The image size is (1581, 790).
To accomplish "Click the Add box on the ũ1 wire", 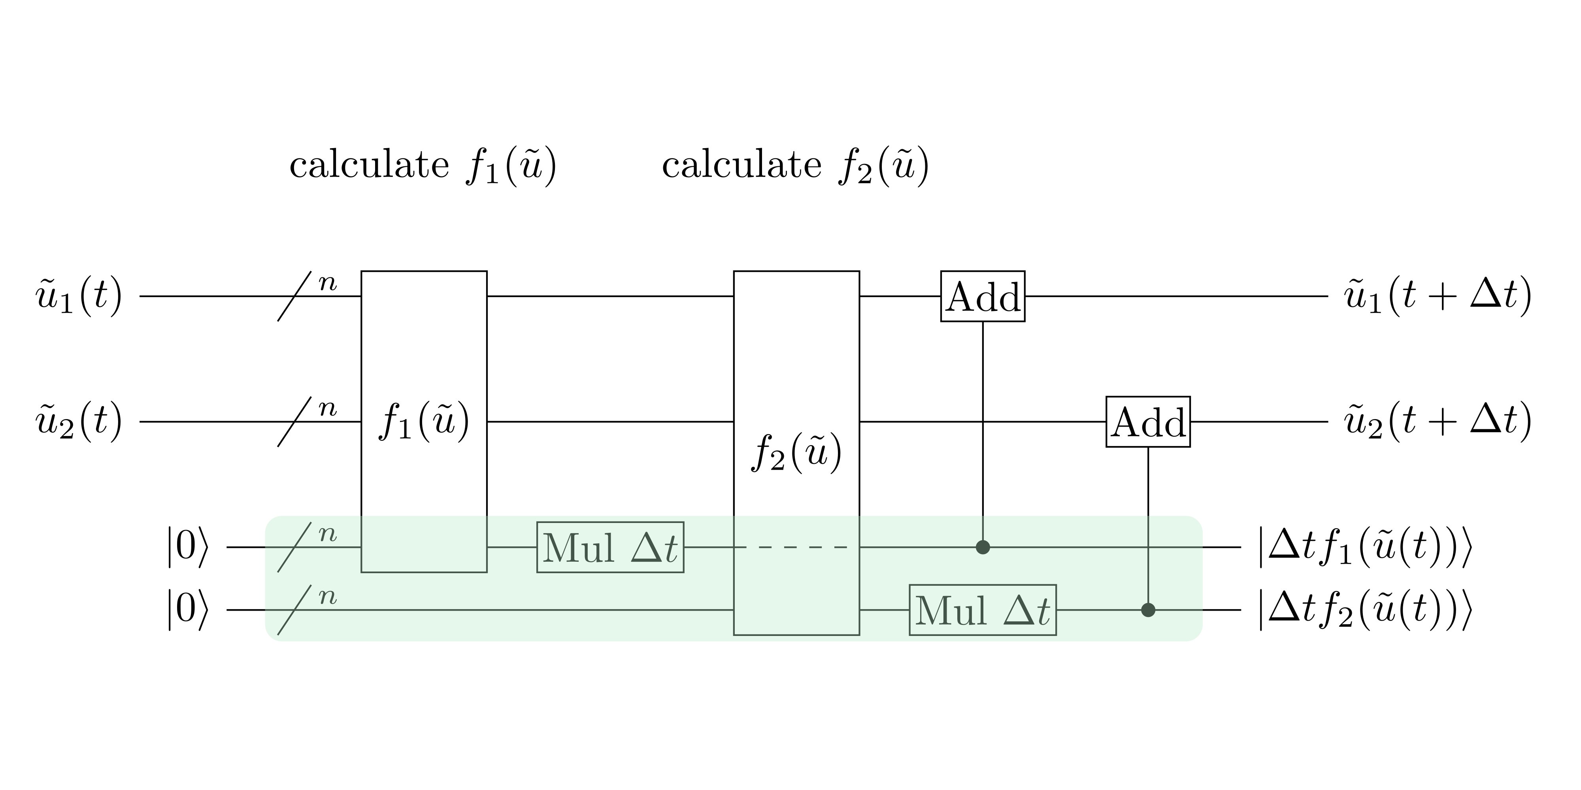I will [x=983, y=296].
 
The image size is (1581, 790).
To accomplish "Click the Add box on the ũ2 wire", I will [x=1148, y=422].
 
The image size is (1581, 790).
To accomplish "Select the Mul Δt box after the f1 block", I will [x=610, y=547].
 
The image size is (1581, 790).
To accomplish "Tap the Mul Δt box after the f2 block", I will [x=983, y=610].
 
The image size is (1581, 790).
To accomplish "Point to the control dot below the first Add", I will [x=983, y=547].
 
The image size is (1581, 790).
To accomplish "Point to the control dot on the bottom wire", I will [x=1148, y=610].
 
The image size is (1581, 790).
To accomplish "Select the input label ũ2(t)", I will [x=79, y=422].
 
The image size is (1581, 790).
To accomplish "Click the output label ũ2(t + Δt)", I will [x=1438, y=422].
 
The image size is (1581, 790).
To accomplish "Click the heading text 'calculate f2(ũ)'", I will [x=795, y=166].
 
